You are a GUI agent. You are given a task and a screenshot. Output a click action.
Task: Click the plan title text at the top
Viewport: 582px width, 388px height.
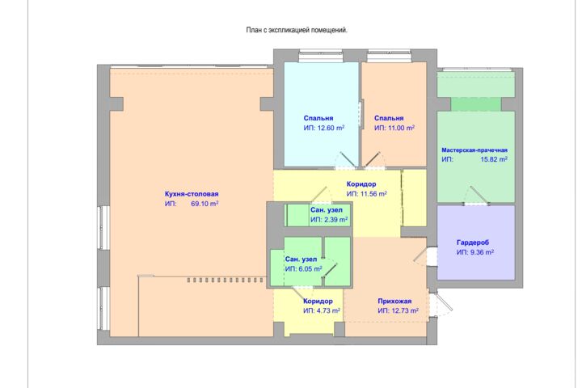297,30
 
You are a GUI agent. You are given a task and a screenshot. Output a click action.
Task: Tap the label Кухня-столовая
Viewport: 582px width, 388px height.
192,194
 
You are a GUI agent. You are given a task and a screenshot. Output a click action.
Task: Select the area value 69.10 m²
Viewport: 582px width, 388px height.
205,204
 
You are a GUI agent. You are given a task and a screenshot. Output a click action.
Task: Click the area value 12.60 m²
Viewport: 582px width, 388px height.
331,128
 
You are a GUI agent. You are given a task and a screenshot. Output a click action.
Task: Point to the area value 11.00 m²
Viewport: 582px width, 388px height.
401,128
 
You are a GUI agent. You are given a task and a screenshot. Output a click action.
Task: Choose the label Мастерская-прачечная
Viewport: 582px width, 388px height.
474,150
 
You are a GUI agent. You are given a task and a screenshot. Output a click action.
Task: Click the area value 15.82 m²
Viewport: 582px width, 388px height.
494,159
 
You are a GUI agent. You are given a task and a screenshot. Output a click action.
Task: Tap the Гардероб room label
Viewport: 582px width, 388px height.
473,242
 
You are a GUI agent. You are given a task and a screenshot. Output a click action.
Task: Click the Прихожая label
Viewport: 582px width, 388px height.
394,302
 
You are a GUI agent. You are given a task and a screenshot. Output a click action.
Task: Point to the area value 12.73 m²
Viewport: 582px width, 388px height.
405,310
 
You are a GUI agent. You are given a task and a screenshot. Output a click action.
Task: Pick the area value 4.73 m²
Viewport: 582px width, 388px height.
328,310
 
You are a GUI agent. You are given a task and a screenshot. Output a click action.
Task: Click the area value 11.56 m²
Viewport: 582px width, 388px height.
373,194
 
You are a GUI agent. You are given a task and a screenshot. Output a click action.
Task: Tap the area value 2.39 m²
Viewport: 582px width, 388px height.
336,220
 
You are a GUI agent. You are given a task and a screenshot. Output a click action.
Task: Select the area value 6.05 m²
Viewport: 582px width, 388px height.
310,269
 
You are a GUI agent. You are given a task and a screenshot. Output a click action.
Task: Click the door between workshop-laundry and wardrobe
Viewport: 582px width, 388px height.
477,196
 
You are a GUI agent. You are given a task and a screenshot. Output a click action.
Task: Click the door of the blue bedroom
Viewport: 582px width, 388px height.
346,161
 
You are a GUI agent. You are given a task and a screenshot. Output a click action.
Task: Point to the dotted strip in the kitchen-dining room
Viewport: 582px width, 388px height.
226,280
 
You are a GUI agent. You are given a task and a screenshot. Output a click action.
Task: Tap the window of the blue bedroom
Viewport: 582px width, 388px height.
321,55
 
